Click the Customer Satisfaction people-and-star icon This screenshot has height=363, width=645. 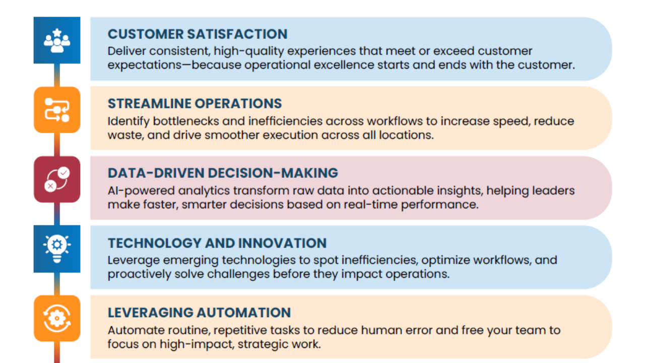pyautogui.click(x=57, y=40)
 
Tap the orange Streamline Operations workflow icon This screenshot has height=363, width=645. pyautogui.click(x=57, y=110)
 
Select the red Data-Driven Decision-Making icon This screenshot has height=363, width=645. pyautogui.click(x=57, y=179)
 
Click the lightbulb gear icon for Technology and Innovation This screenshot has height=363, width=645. pyautogui.click(x=57, y=249)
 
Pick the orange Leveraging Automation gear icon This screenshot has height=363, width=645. pyautogui.click(x=57, y=318)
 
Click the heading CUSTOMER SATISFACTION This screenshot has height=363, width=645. pyautogui.click(x=198, y=34)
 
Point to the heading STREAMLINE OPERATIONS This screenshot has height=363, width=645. pyautogui.click(x=195, y=104)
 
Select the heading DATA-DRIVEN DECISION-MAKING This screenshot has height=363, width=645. pyautogui.click(x=223, y=173)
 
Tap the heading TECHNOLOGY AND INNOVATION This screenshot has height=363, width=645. pyautogui.click(x=217, y=243)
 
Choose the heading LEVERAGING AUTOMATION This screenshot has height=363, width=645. pyautogui.click(x=199, y=313)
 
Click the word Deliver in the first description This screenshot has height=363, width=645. pyautogui.click(x=126, y=51)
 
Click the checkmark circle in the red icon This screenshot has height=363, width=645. pyautogui.click(x=63, y=173)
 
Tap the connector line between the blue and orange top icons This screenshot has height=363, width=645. pyautogui.click(x=57, y=75)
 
